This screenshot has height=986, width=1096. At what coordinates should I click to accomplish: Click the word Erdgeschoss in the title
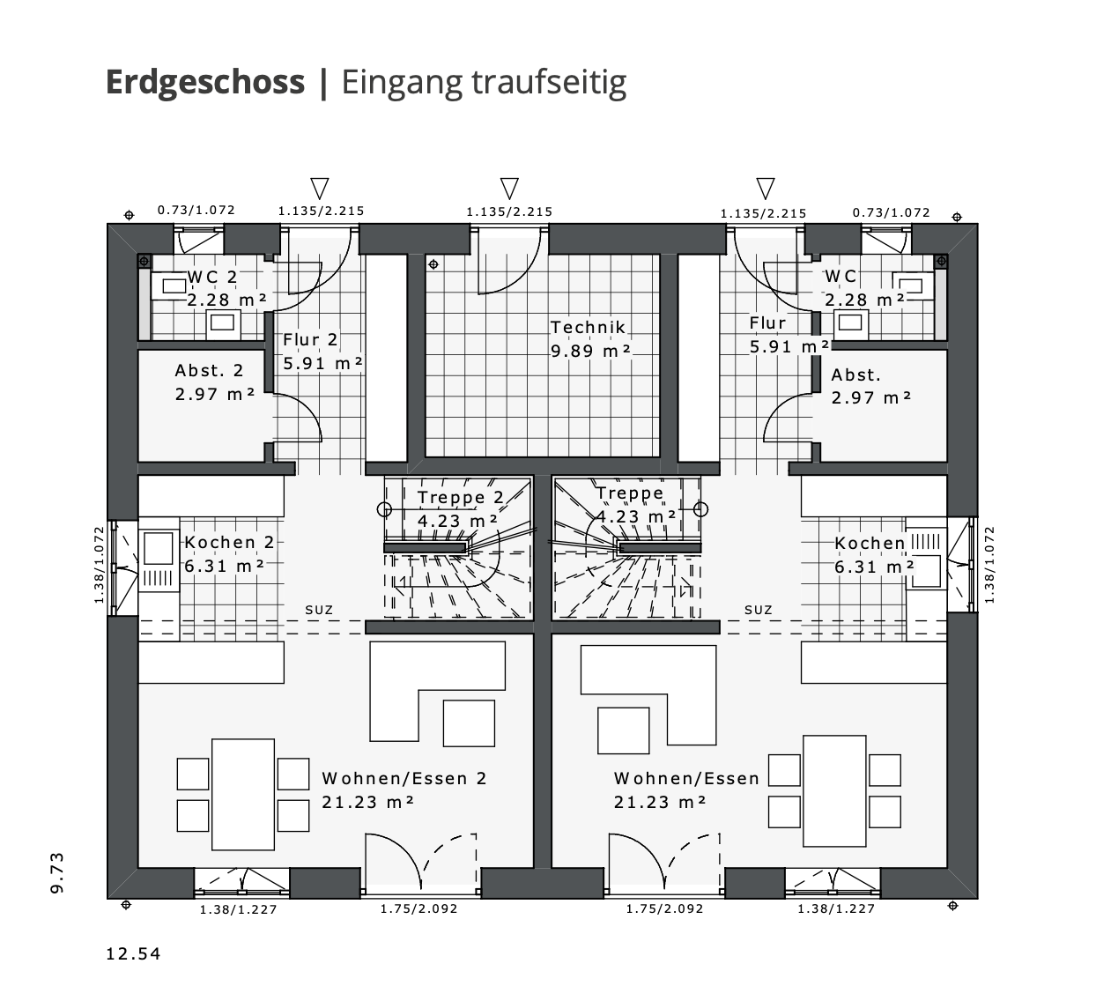pos(204,82)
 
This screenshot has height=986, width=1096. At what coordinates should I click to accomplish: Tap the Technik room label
pos(588,327)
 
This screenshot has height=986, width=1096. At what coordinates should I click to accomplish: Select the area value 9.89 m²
pos(591,351)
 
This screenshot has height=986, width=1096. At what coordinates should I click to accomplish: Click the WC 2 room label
pos(212,277)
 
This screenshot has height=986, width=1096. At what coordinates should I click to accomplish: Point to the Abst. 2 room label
pos(209,371)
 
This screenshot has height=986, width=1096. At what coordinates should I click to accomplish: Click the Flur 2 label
pos(310,340)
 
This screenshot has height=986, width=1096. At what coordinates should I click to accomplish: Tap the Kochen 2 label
pos(229,543)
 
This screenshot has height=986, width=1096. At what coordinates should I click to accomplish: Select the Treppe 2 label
pos(460,498)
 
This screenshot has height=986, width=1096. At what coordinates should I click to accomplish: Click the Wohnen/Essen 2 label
pos(404,779)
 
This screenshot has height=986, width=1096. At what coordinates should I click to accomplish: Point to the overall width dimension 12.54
pos(133,953)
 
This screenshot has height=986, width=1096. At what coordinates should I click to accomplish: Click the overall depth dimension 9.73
pos(57,872)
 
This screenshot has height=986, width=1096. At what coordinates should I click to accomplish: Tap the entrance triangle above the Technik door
pos(509,188)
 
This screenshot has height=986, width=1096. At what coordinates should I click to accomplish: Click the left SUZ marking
pos(319,609)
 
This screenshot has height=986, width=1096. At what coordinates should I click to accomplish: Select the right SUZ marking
pos(758,609)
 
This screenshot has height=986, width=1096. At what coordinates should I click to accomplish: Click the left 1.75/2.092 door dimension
pos(418,908)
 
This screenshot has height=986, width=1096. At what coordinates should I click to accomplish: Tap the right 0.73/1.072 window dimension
pos(891,212)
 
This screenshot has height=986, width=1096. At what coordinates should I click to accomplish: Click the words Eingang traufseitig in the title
pos(484,82)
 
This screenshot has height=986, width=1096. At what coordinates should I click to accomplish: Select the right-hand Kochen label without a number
pos(870,544)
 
